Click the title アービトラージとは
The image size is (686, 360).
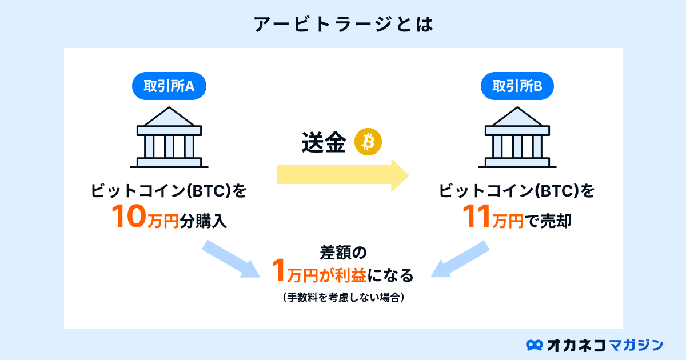tap(344, 25)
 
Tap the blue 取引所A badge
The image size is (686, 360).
tap(169, 86)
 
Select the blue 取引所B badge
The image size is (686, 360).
tap(517, 86)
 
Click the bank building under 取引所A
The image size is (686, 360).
tap(169, 137)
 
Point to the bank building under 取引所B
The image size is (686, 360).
tap(517, 137)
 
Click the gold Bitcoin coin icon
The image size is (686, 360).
tap(368, 142)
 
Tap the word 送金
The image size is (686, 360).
tap(324, 142)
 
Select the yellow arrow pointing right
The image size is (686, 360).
tap(343, 175)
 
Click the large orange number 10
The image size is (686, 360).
tap(129, 217)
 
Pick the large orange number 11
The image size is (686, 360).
tap(476, 217)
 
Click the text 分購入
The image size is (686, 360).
tap(203, 221)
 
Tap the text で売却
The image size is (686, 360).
tap(548, 221)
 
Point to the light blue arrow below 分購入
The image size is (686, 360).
tap(231, 259)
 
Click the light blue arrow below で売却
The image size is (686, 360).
tap(460, 259)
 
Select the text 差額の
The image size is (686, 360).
tap(344, 253)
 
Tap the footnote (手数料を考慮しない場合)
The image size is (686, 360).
tap(344, 297)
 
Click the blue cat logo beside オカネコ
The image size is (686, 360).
tap(535, 345)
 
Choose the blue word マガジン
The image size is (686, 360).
tap(636, 345)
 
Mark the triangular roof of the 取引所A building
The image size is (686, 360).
tap(169, 117)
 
